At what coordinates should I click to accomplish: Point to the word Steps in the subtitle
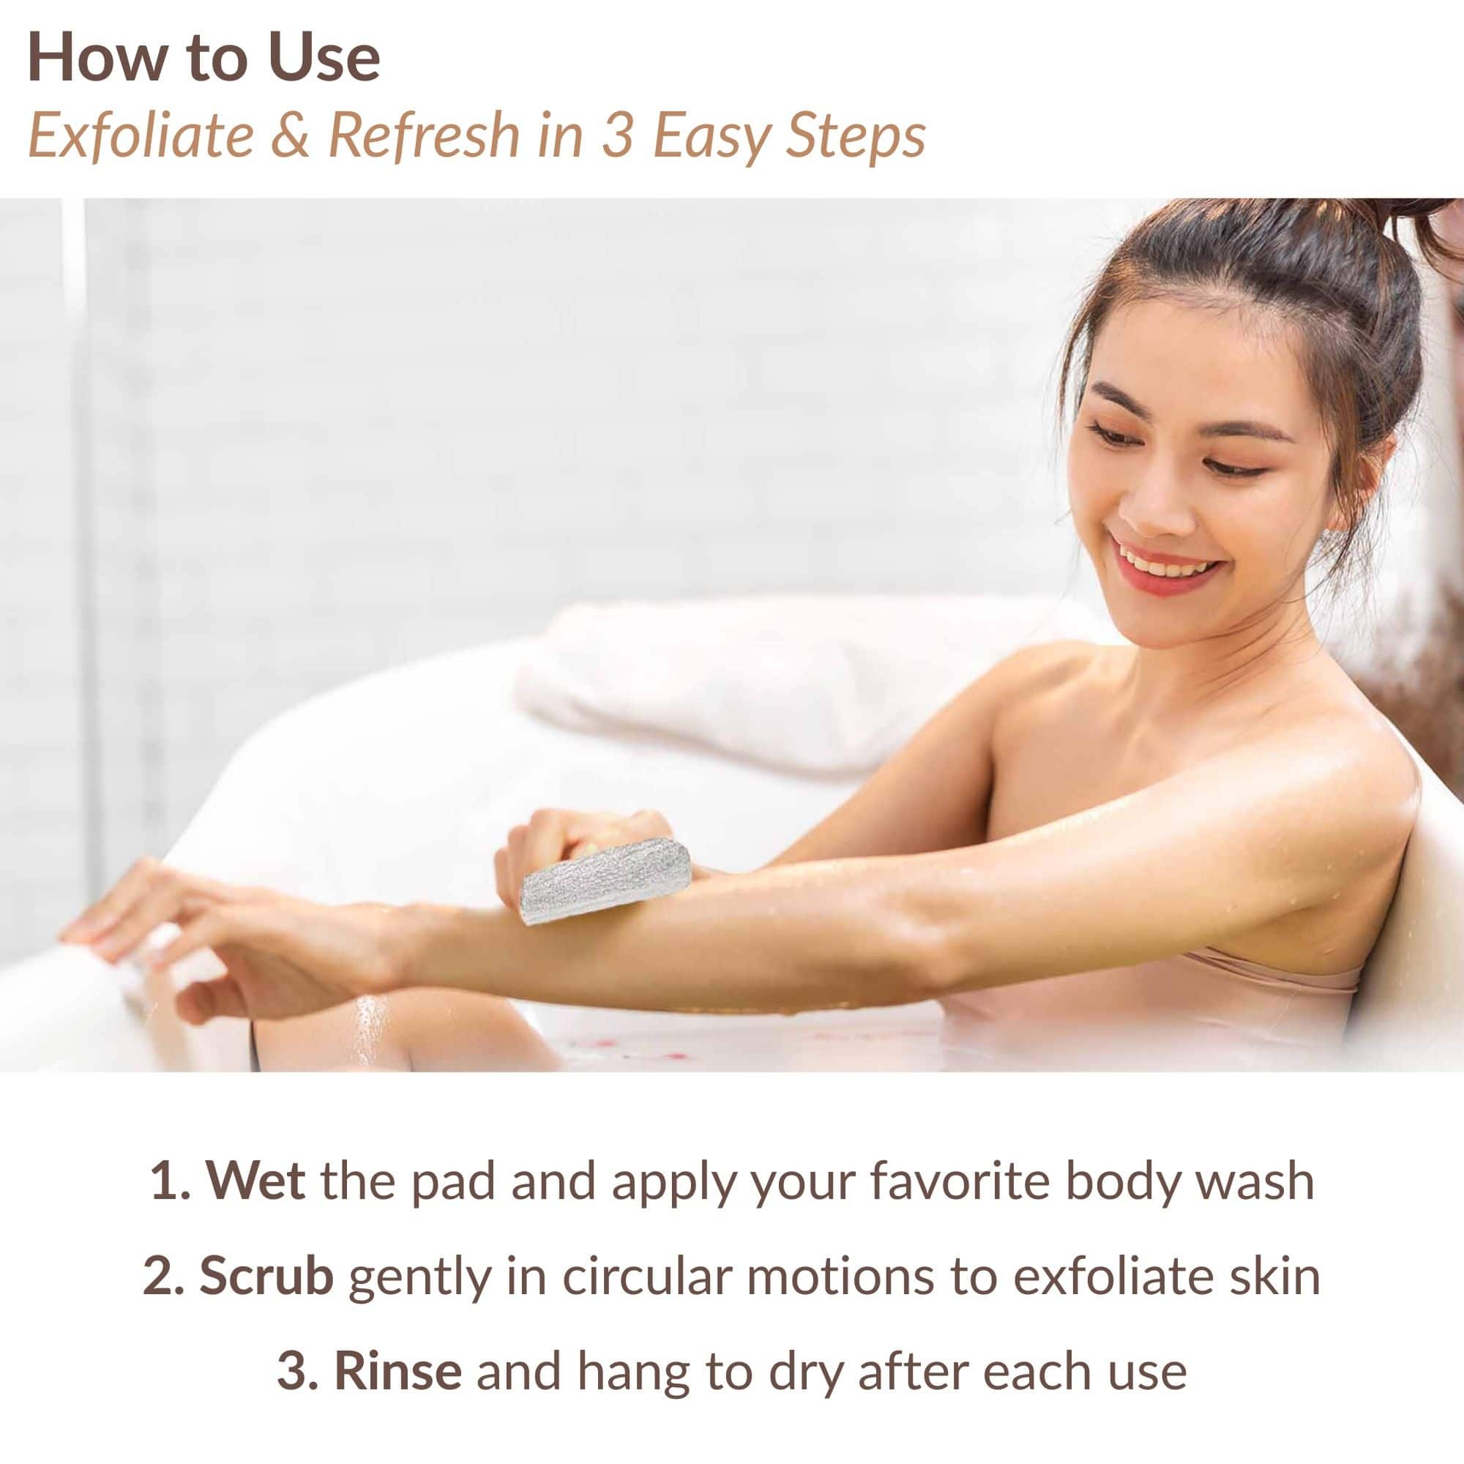pyautogui.click(x=856, y=138)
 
